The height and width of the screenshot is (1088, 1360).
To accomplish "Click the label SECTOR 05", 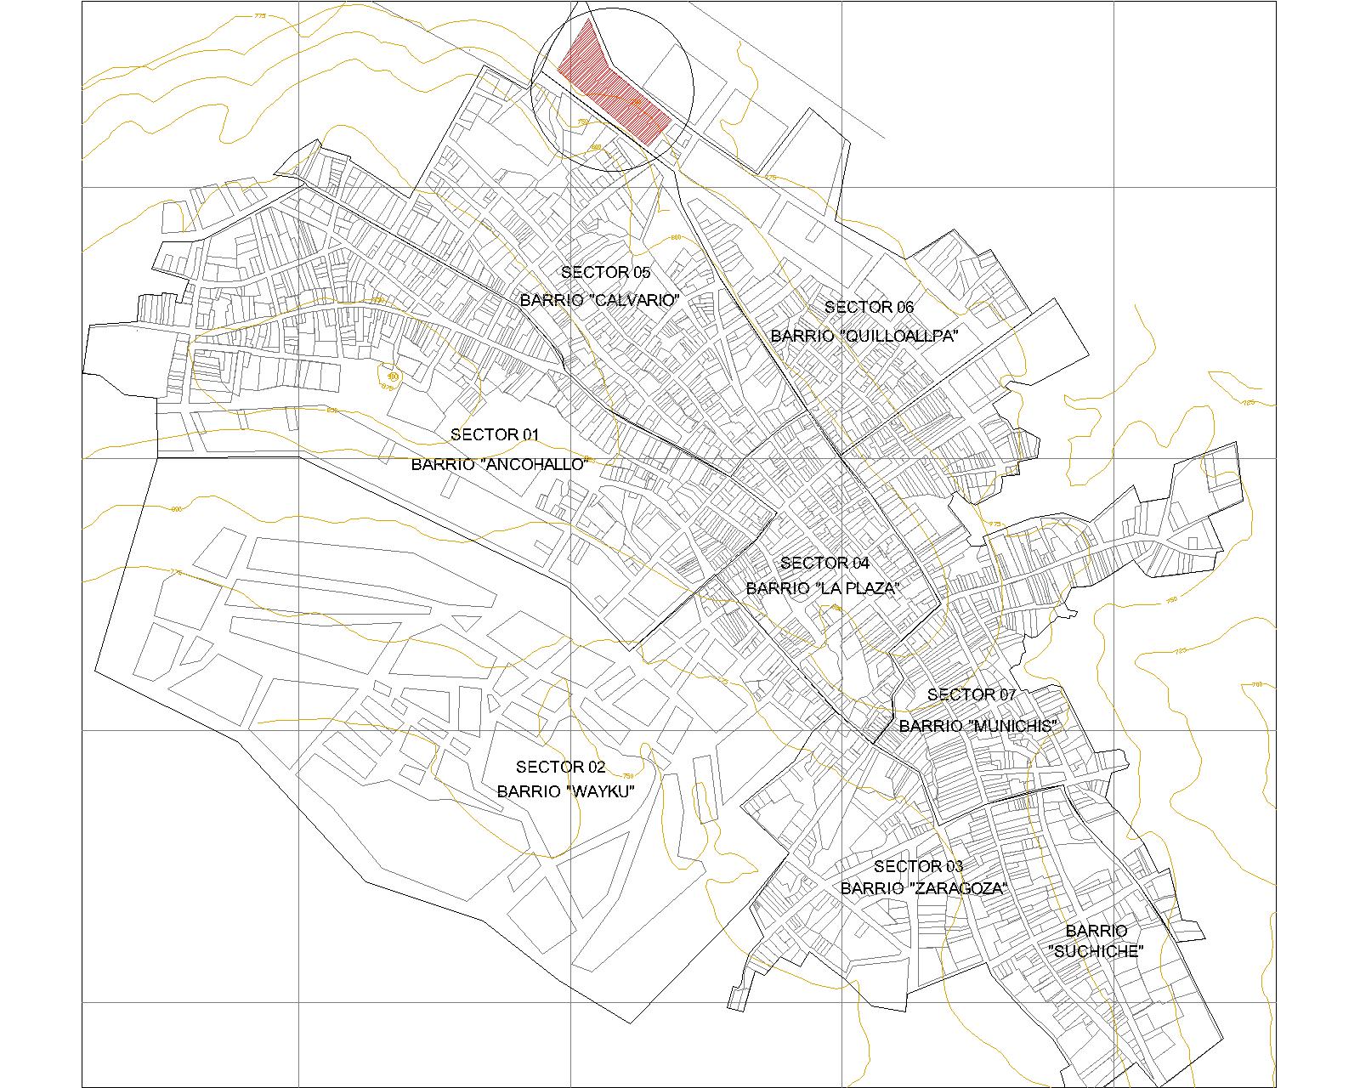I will click(605, 272).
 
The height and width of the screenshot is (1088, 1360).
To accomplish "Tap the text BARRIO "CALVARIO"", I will click(602, 301).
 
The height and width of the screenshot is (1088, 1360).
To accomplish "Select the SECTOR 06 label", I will click(869, 307).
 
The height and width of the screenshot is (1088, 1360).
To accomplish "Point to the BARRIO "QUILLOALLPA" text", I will click(864, 336).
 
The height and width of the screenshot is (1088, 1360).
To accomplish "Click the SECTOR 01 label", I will click(495, 434).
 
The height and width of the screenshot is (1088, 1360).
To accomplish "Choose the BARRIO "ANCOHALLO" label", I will click(500, 464).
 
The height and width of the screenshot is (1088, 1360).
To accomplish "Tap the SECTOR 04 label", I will click(824, 563).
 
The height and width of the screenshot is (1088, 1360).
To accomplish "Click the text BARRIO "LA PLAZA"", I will click(823, 588).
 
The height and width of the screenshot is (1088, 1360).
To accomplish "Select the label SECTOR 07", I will click(972, 694).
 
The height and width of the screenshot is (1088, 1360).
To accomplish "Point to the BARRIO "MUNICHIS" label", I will click(977, 726).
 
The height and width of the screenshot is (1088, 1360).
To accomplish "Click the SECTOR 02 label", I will click(561, 768).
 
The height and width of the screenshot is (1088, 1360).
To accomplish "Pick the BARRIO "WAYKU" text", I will click(566, 791).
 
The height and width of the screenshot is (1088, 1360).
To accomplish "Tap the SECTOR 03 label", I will click(919, 866).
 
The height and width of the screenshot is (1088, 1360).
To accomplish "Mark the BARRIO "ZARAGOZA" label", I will click(924, 889).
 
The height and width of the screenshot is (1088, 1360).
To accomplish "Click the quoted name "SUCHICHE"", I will click(1096, 952).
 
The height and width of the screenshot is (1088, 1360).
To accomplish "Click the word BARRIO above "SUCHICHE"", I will click(1096, 931).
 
